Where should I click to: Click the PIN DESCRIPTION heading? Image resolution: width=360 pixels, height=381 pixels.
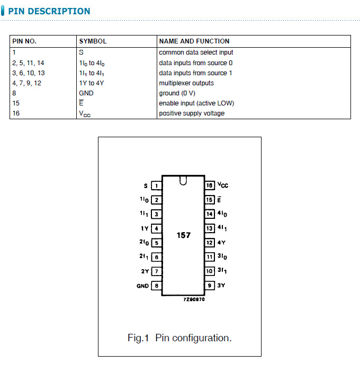point(49,11)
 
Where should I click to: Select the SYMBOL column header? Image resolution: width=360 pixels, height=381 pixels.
point(93,41)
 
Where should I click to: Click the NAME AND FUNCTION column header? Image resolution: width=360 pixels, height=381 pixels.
point(194,41)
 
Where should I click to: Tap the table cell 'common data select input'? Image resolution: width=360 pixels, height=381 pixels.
point(196,52)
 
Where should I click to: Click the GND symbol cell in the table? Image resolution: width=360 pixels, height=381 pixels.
point(86,93)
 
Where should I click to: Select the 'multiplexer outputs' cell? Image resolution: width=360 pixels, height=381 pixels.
point(186,83)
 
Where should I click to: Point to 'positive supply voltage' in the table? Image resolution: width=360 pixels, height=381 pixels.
point(192,113)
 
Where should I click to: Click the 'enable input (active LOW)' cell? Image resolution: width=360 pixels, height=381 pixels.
point(196,103)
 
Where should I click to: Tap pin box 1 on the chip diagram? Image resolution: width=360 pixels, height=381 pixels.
point(157,186)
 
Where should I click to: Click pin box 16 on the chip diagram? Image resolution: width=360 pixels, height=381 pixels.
point(210,186)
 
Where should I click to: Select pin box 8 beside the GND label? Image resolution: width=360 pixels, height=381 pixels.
point(157,286)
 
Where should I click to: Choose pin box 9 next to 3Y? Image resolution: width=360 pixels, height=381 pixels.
point(210,286)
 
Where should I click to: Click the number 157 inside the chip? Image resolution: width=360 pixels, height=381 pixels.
point(184,235)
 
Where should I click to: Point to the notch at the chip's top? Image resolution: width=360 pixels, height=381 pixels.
point(183,181)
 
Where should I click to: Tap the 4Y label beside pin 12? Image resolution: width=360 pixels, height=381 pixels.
point(221,243)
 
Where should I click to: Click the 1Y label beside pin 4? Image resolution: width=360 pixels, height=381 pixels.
point(145,229)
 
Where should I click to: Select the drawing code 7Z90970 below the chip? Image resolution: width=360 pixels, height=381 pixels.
point(194,299)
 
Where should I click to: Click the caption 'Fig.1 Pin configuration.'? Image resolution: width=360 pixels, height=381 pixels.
point(179,338)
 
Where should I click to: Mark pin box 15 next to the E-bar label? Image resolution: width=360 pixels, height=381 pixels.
point(210,200)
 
